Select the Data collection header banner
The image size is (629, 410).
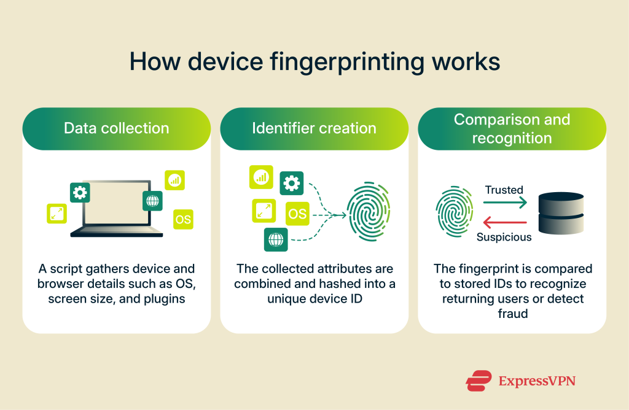[x=117, y=128]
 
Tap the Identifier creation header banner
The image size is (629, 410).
[x=314, y=128]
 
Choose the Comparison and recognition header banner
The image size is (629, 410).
[x=512, y=128]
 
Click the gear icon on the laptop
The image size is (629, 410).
[x=80, y=193]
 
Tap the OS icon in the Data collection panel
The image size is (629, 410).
[x=182, y=219]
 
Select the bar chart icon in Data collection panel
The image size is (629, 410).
[x=174, y=180]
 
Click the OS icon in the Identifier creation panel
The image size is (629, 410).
[x=297, y=214]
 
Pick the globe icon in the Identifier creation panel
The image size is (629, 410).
[x=276, y=239]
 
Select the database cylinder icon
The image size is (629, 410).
[x=560, y=213]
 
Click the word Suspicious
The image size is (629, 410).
[x=504, y=237]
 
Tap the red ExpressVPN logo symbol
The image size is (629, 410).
[x=479, y=381]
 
